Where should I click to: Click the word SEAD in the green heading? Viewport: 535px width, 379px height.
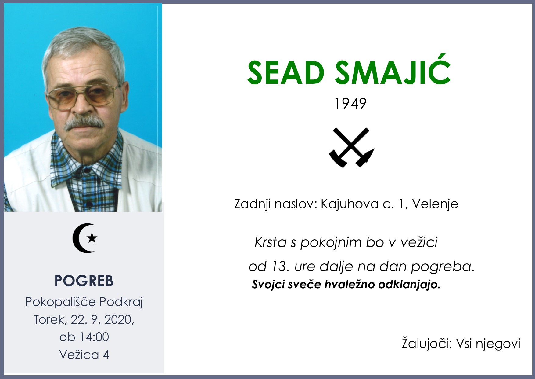tap(285, 73)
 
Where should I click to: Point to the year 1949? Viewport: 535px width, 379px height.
tap(350, 104)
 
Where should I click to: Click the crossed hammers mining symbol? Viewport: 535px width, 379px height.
tap(352, 148)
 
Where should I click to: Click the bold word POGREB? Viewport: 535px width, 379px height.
tap(84, 281)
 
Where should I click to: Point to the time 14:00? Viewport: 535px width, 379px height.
tap(94, 337)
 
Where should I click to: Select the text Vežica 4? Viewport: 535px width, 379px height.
tap(84, 355)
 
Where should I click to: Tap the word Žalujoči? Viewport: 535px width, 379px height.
tap(426, 343)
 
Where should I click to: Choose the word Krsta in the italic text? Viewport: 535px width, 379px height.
tap(271, 242)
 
